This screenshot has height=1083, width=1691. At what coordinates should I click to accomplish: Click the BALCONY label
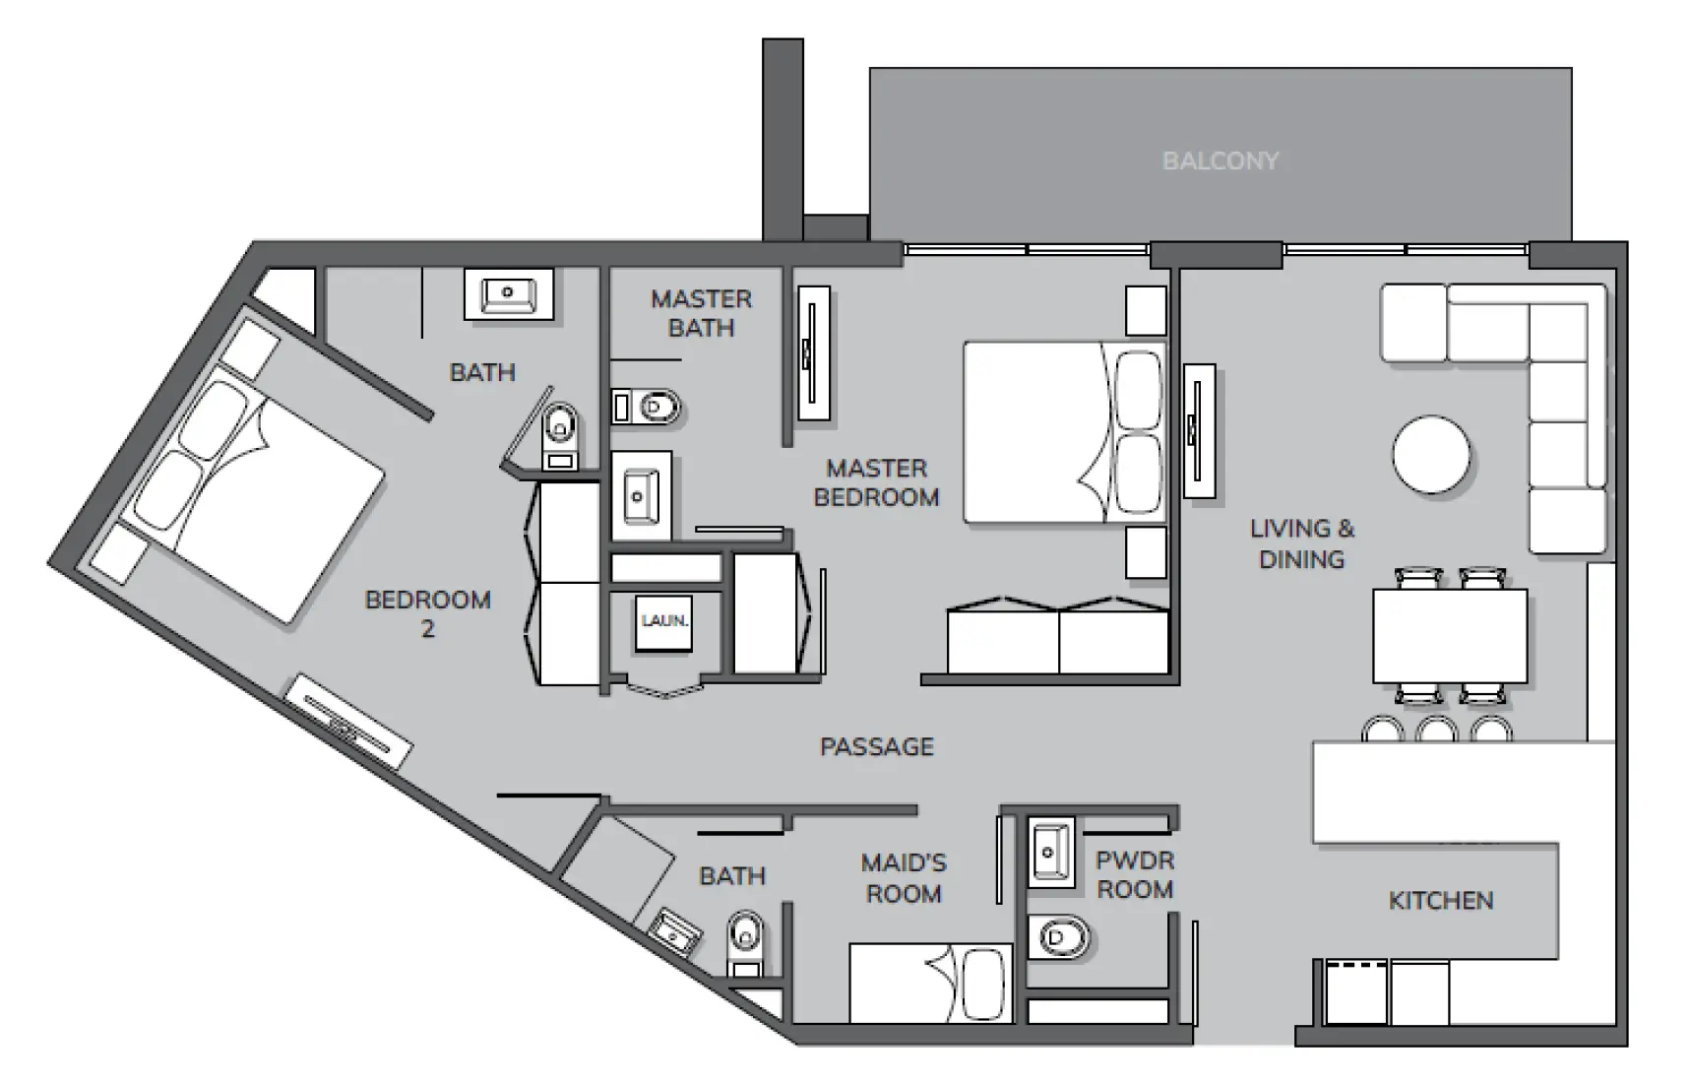(x=1220, y=160)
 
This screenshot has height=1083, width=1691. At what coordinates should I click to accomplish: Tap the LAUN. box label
(x=664, y=621)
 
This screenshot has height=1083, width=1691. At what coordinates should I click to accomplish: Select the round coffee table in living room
(x=1431, y=454)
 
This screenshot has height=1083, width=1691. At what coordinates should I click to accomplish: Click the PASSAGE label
(x=876, y=746)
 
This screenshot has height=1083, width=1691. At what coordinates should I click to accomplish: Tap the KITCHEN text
(x=1440, y=900)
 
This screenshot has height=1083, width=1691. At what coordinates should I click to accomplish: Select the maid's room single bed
(x=929, y=982)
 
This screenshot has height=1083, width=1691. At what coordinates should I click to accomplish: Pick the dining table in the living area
(x=1450, y=636)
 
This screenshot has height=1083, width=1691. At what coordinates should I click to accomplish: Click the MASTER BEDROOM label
(x=876, y=482)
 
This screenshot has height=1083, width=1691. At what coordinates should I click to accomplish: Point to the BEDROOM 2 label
(x=427, y=612)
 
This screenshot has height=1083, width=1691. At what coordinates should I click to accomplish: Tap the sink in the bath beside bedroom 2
(x=508, y=292)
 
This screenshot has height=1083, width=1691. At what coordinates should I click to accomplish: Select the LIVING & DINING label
(x=1301, y=543)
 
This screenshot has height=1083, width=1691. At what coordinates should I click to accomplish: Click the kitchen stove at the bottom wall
(x=1355, y=991)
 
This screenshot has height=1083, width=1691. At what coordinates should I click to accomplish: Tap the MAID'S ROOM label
(x=903, y=877)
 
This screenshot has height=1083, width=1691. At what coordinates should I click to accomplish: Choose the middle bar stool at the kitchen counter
(x=1436, y=730)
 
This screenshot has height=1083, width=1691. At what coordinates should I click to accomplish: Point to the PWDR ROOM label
(x=1134, y=874)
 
